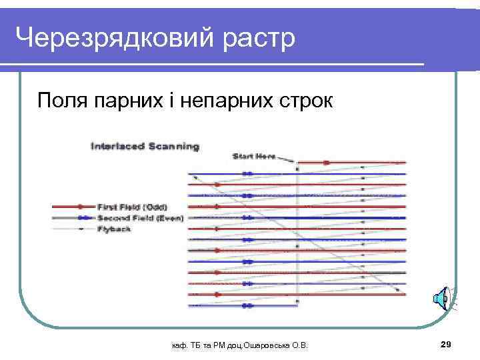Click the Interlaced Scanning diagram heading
pyautogui.click(x=144, y=145)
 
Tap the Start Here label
pyautogui.click(x=253, y=156)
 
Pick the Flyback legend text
pyautogui.click(x=113, y=229)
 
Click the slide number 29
pyautogui.click(x=447, y=344)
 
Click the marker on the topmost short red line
pyautogui.click(x=326, y=162)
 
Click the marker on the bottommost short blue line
pyautogui.click(x=247, y=305)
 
